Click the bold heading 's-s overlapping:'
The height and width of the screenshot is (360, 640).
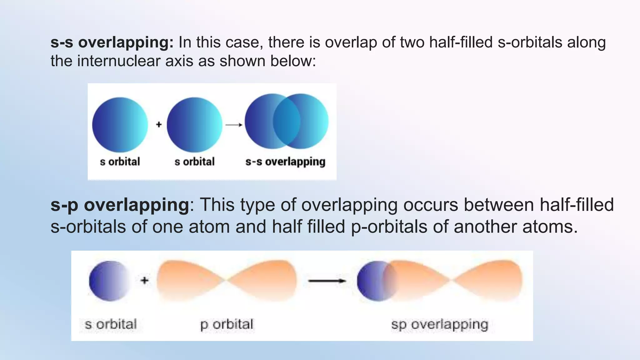coord(112,42)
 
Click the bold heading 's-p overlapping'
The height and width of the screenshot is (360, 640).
coord(120,205)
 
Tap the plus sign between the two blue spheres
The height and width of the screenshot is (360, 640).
coord(159,124)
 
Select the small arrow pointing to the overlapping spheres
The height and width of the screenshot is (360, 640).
coord(234,125)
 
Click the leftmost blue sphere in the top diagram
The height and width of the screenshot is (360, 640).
coord(120,125)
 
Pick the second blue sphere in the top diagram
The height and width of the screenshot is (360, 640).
coord(194,125)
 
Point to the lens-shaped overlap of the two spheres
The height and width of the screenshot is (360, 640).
coord(287,121)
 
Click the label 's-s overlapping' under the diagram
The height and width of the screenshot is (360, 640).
coord(285,162)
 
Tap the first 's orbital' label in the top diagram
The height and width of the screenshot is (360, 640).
coord(120,162)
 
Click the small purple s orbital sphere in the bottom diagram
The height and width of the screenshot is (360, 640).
coord(109,281)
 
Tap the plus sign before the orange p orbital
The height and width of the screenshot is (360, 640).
coord(144,280)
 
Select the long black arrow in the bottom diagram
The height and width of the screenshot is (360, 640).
coord(327,281)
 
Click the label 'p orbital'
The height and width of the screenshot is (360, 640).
coord(227,324)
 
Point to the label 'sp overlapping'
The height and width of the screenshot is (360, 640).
coord(439,324)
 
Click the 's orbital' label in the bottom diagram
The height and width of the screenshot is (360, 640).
coord(111,324)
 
